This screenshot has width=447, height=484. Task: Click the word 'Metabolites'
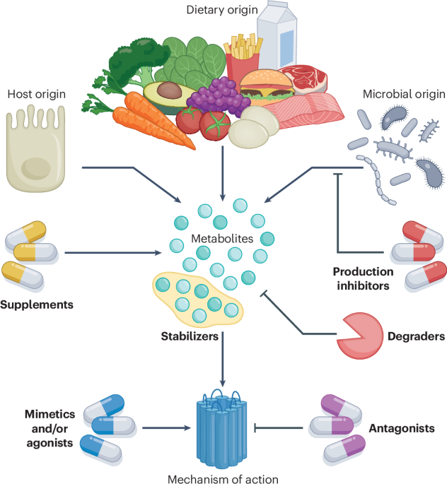click(x=221, y=239)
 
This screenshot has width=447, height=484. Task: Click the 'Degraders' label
click(x=416, y=337)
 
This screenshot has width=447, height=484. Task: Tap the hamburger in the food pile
click(x=262, y=88)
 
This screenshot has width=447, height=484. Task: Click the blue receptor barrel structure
click(x=223, y=427)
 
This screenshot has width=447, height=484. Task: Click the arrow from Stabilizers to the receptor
click(x=223, y=360)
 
